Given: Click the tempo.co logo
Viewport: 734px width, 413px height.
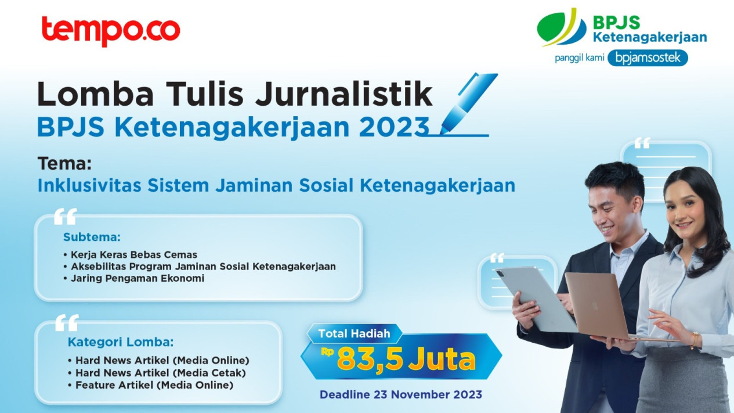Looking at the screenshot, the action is click(111, 31).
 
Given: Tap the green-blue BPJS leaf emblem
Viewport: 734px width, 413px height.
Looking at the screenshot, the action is click(562, 27).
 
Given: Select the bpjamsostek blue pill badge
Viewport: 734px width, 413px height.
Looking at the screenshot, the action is click(648, 58).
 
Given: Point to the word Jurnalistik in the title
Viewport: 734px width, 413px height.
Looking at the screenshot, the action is click(344, 94).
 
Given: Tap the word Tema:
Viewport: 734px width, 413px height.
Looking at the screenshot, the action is click(64, 163).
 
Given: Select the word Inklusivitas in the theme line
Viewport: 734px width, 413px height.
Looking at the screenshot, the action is click(89, 185).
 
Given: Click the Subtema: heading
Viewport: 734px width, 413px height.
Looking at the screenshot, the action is click(92, 237).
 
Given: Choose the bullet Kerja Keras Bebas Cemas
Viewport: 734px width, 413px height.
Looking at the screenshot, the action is click(131, 255).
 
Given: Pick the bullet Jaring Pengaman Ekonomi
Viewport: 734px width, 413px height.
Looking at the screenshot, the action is click(134, 278).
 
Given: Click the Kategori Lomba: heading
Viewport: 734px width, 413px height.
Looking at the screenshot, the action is click(121, 342).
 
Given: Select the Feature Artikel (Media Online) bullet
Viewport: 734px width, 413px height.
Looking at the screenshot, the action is click(151, 385).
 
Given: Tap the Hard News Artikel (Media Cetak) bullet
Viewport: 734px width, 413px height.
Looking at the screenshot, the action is click(157, 373).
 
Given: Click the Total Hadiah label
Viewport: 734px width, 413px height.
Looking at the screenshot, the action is click(354, 333).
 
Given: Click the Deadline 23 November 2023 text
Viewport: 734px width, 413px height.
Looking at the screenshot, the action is click(401, 394).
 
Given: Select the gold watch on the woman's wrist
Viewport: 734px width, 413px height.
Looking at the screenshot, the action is click(695, 340).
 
